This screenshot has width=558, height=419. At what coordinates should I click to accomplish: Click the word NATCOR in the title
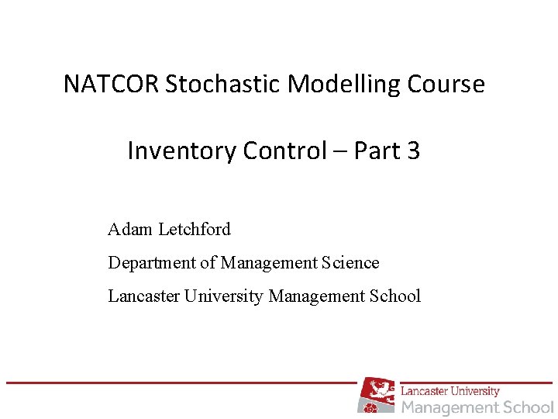[x=112, y=84]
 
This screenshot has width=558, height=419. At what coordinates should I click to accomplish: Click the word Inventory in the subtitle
[x=182, y=151]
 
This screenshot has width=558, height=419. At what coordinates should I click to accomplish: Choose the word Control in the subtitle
[x=284, y=151]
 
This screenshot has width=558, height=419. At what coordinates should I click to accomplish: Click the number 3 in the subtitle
[x=413, y=151]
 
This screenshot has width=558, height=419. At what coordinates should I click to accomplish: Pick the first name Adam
[x=130, y=230]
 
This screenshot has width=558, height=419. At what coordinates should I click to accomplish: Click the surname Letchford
[x=194, y=230]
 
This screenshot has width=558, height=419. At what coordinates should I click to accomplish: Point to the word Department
[x=153, y=263]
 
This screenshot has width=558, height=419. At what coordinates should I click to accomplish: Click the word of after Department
[x=208, y=263]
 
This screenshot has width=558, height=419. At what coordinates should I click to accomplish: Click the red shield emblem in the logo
[x=377, y=395]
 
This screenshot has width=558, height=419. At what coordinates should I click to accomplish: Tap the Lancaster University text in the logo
[x=450, y=391]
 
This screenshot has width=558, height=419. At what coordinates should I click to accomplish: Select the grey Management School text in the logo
[x=477, y=407]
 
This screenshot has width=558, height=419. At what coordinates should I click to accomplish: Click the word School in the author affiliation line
[x=395, y=296]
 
